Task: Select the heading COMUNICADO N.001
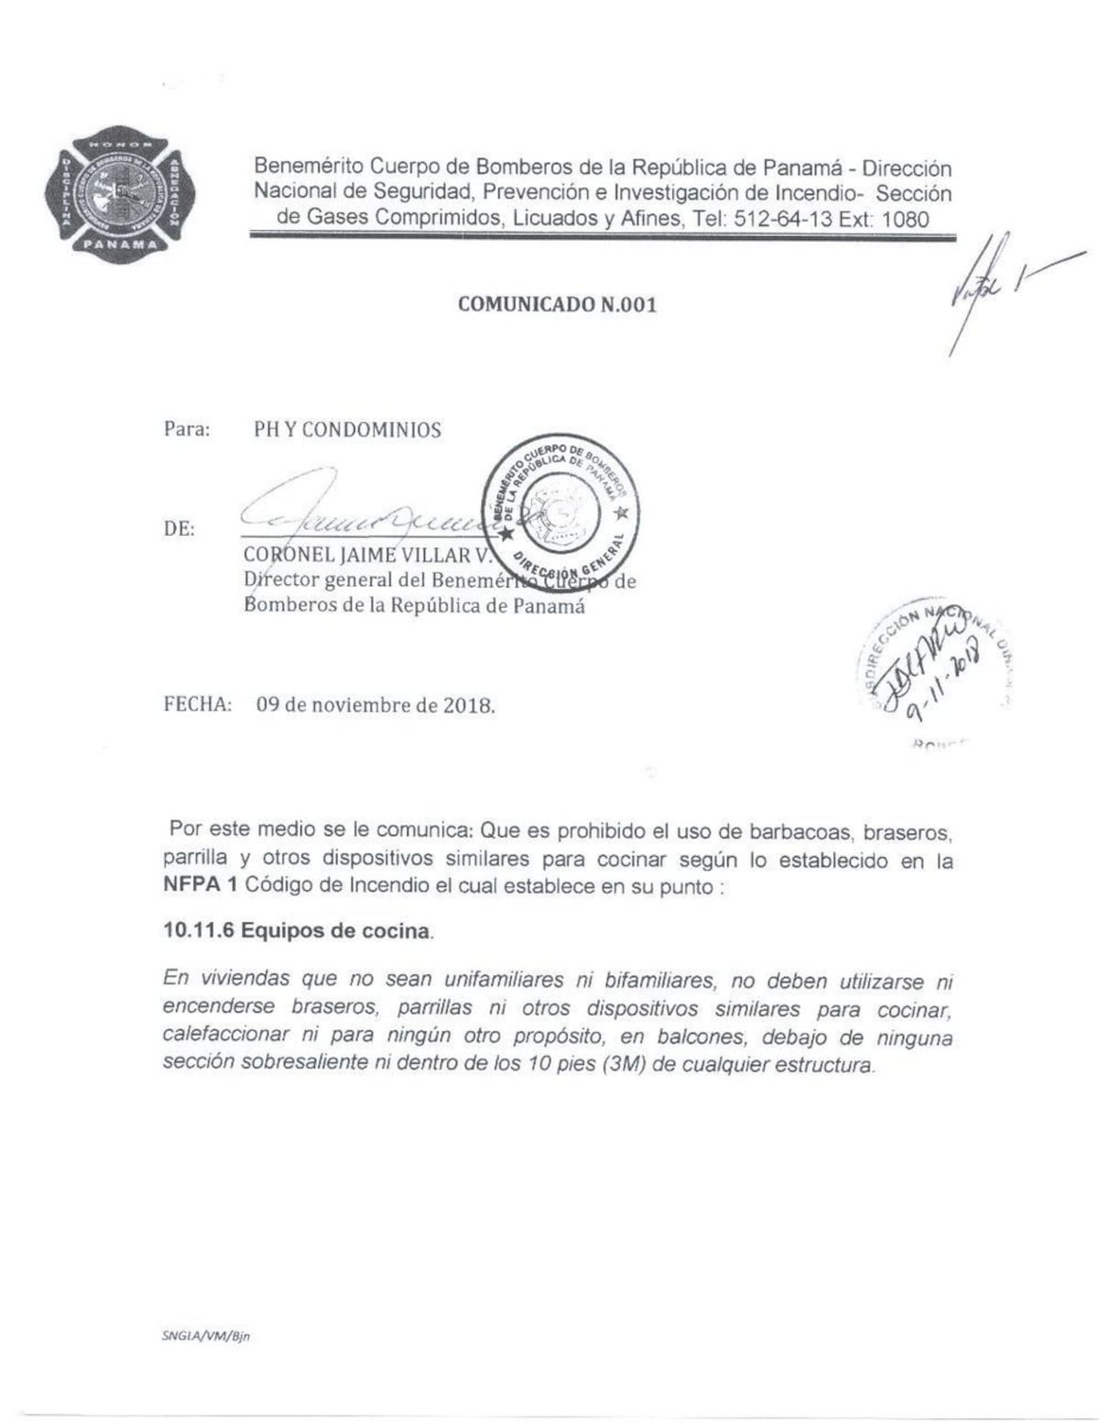(x=557, y=305)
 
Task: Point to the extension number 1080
(x=906, y=220)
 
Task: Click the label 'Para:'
(x=187, y=429)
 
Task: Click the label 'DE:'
(x=180, y=529)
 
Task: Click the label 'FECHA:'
(x=197, y=705)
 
